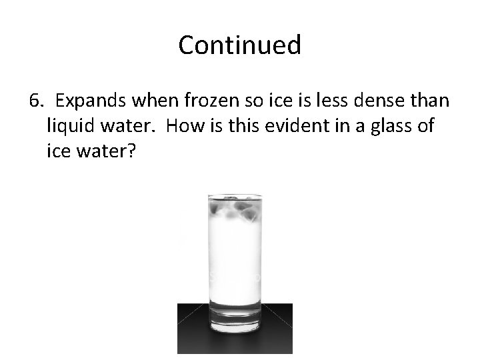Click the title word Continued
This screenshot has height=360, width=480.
pyautogui.click(x=239, y=45)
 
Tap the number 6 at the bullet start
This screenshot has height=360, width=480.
pyautogui.click(x=35, y=101)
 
